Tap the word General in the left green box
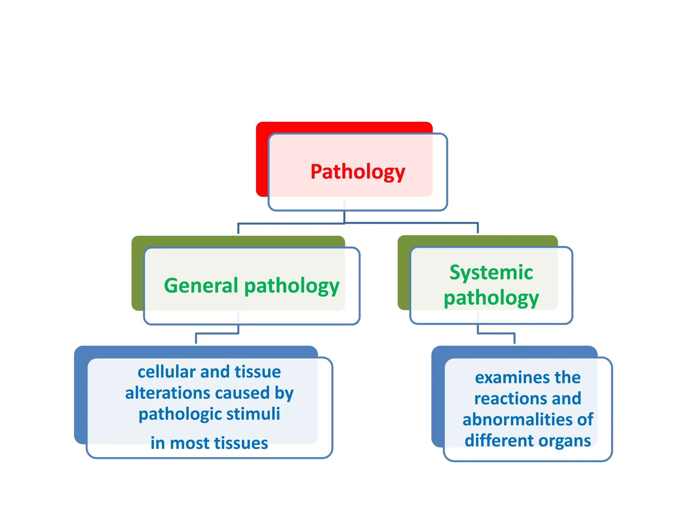tap(201, 286)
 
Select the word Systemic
tap(491, 272)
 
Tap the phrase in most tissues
tap(209, 443)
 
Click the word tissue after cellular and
tap(258, 372)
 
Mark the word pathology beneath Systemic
tap(491, 298)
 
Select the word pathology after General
tap(292, 286)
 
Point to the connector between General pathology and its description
tap(217, 333)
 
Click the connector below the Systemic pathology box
tap(496, 333)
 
